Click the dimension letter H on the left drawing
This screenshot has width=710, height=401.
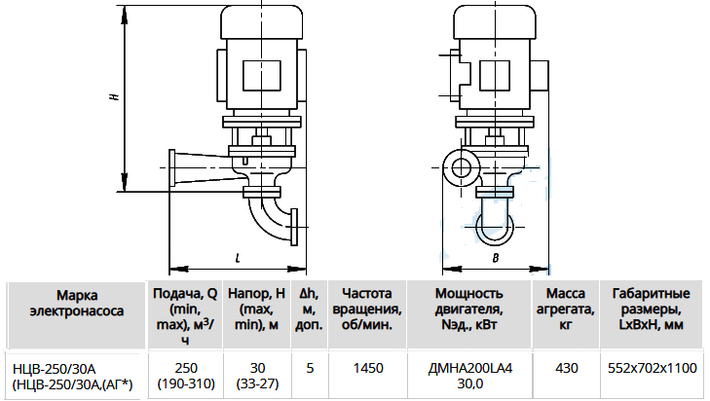coord(116,96)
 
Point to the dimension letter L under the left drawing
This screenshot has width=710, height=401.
coord(238,258)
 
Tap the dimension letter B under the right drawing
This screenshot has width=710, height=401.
coord(496,258)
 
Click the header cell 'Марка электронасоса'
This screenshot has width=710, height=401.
coord(77,304)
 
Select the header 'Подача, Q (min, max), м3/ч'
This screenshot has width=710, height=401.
coord(185,316)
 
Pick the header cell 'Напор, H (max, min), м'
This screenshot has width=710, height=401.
coord(257,310)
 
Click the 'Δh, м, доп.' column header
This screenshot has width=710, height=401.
coord(310,310)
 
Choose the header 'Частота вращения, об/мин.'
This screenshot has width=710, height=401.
coord(367,310)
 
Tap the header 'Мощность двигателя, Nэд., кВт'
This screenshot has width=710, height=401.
coord(469,310)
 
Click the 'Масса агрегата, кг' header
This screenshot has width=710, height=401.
coord(566,310)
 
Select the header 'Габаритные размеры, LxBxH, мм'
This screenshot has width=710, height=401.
coord(652,310)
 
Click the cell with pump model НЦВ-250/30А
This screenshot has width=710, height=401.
coord(72,376)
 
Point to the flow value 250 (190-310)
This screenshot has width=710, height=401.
coord(186,376)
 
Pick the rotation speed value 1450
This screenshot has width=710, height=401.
coord(368,369)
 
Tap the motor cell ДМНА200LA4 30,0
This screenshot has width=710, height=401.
coord(470,376)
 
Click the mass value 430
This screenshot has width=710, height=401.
coord(567,369)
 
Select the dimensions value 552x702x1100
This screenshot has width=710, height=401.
coord(652,369)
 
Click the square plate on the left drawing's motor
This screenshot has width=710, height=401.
coord(262,75)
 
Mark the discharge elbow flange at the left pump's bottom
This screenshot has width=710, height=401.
coord(294,227)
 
